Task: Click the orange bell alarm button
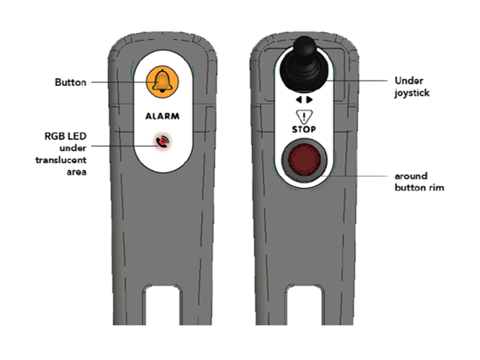[162, 82]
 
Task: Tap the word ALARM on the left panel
[162, 116]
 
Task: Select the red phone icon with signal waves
[162, 141]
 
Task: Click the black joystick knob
[304, 65]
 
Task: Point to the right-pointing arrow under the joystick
[309, 100]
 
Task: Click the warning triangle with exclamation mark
[304, 116]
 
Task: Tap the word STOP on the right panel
[303, 129]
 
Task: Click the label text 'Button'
[70, 82]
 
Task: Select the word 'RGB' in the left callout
[54, 136]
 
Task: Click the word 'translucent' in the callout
[61, 160]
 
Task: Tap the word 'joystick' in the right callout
[412, 93]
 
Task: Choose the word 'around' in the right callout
[411, 176]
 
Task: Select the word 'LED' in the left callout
[76, 136]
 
